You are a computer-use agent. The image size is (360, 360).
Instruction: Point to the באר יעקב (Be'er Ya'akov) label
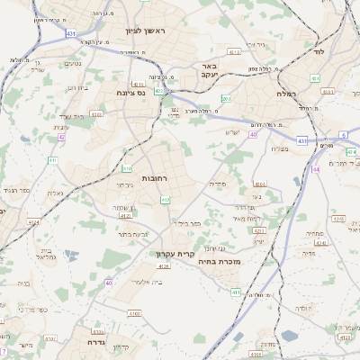pyautogui.click(x=210, y=70)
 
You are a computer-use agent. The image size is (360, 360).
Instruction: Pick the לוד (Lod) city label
pyautogui.click(x=318, y=51)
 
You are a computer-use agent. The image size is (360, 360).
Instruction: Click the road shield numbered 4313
pyautogui.click(x=234, y=52)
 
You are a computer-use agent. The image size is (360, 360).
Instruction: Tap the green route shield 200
pyautogui.click(x=226, y=98)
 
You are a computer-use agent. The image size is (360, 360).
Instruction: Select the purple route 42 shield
pyautogui.click(x=61, y=138)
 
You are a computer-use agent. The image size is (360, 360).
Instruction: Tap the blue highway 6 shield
pyautogui.click(x=343, y=135)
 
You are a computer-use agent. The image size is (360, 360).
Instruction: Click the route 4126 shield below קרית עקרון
pyautogui.click(x=163, y=266)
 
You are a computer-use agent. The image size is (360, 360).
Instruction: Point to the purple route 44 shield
pyautogui.click(x=315, y=169)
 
